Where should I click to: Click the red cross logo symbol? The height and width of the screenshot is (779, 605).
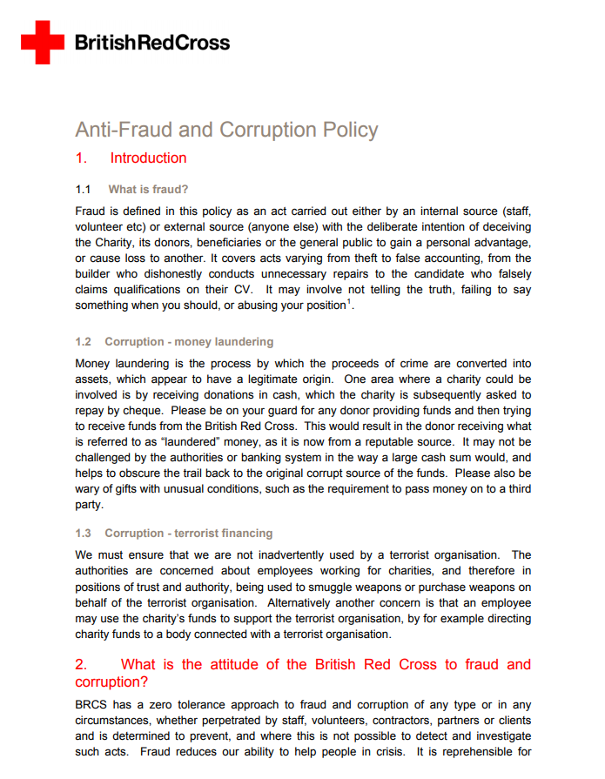coord(42,42)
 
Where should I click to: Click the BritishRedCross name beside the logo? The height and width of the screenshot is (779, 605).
coord(152,42)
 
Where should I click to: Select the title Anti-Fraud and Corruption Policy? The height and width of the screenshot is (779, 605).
coord(226,131)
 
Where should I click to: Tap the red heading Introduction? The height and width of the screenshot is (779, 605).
coord(148,158)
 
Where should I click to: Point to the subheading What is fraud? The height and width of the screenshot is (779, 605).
coord(148,189)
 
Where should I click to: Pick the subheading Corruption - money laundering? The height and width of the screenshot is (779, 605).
coord(189,341)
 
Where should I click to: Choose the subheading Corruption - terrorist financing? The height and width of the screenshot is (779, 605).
coord(188,533)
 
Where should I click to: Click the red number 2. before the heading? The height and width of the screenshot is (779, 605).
coord(82,665)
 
